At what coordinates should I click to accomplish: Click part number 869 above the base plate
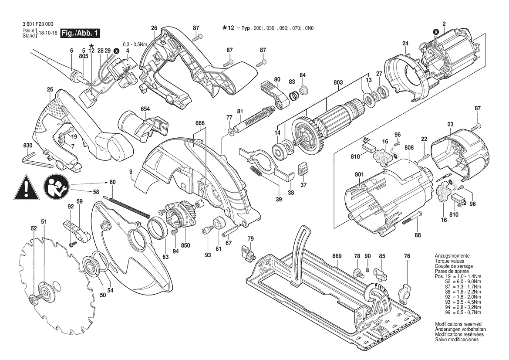click(337, 256)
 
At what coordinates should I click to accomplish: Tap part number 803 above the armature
click(338, 82)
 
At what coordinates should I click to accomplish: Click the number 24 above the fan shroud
click(405, 43)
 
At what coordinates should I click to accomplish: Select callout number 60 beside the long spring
click(112, 182)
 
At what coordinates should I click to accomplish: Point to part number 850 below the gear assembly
click(186, 245)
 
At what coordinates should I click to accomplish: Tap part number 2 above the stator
click(444, 24)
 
